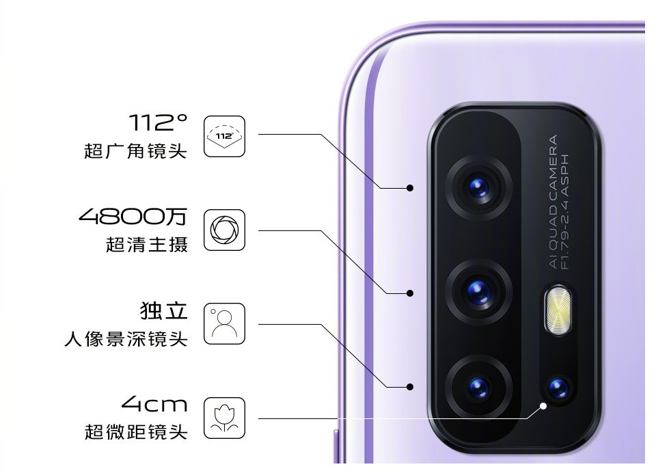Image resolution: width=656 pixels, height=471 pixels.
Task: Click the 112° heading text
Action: click(158, 124)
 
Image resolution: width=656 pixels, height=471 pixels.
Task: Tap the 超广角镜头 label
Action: click(135, 150)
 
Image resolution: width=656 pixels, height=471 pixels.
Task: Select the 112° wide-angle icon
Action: click(224, 137)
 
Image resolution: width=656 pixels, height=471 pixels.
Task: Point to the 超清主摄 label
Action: click(146, 244)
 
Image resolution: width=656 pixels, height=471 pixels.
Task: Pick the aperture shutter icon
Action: click(224, 230)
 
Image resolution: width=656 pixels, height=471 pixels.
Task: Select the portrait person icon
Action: click(224, 323)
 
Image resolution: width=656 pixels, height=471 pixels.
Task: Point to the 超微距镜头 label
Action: click(135, 431)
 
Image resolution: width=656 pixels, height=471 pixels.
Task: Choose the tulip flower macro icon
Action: click(224, 418)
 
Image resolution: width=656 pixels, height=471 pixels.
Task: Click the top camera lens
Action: click(479, 186)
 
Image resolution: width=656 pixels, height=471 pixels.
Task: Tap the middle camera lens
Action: click(479, 292)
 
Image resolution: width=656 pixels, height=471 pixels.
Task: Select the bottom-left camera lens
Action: click(479, 388)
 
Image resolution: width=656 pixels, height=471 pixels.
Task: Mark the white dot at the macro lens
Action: click(543, 405)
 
